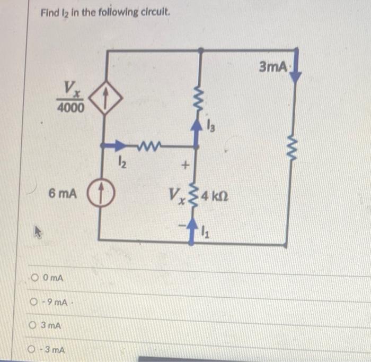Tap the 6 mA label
point(62,194)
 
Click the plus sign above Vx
point(185,166)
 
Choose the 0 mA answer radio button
point(35,278)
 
